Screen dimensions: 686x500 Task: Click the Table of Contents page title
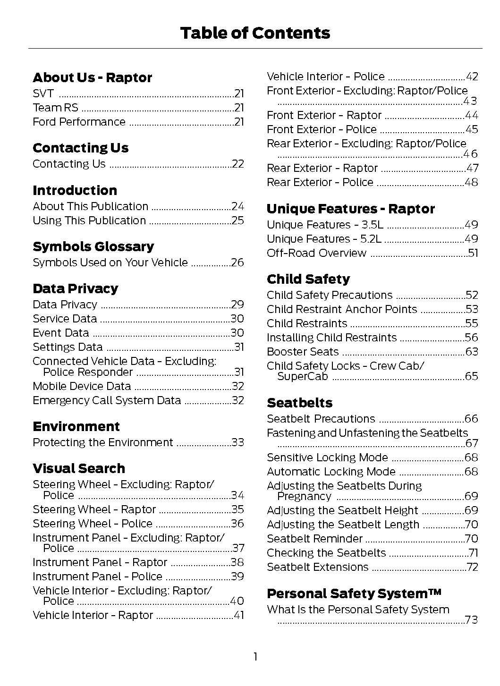(255, 33)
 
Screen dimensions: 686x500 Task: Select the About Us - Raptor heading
(93, 77)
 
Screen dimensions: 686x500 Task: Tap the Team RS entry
(56, 108)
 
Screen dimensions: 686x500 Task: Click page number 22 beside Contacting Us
(238, 164)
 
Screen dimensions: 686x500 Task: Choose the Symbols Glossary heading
(93, 246)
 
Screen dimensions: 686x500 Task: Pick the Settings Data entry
(68, 347)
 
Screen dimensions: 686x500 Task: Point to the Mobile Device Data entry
(82, 386)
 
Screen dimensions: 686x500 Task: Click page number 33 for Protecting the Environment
(238, 442)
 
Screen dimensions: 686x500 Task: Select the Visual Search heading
(79, 468)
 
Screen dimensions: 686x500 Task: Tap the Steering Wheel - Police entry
(93, 524)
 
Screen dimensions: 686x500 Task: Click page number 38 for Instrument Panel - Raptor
(237, 562)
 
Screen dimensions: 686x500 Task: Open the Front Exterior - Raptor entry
(324, 115)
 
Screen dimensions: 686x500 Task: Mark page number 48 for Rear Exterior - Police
(472, 182)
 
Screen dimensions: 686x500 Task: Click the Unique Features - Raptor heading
(351, 209)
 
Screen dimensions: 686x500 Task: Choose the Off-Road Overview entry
(316, 253)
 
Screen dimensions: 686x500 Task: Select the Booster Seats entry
(303, 352)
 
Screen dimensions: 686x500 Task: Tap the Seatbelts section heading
(300, 403)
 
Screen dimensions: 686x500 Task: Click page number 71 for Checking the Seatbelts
(473, 553)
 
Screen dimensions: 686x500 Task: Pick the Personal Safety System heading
(354, 593)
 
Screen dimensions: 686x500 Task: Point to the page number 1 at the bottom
(255, 657)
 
